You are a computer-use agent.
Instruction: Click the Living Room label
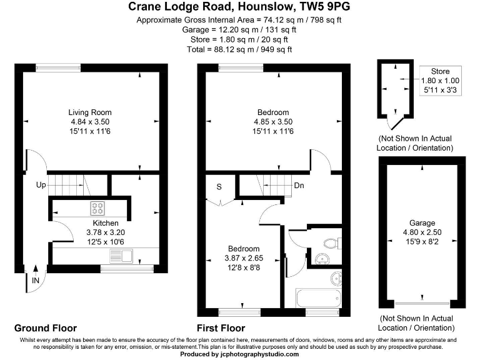[x=90, y=112]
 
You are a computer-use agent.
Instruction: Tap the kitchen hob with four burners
[x=97, y=209]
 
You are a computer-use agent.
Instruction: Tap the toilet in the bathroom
[x=329, y=241]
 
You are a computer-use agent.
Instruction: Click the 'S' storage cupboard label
[x=219, y=186]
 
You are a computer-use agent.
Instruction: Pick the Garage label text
[x=422, y=223]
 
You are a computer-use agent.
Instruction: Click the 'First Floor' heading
[x=221, y=328]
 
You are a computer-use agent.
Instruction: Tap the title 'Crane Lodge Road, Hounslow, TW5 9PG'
[x=239, y=7]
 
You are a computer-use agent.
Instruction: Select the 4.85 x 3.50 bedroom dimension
[x=272, y=121]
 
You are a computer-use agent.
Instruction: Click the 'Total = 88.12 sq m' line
[x=239, y=49]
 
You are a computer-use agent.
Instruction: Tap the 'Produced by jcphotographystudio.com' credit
[x=239, y=354]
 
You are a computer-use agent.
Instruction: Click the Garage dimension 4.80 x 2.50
[x=422, y=232]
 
